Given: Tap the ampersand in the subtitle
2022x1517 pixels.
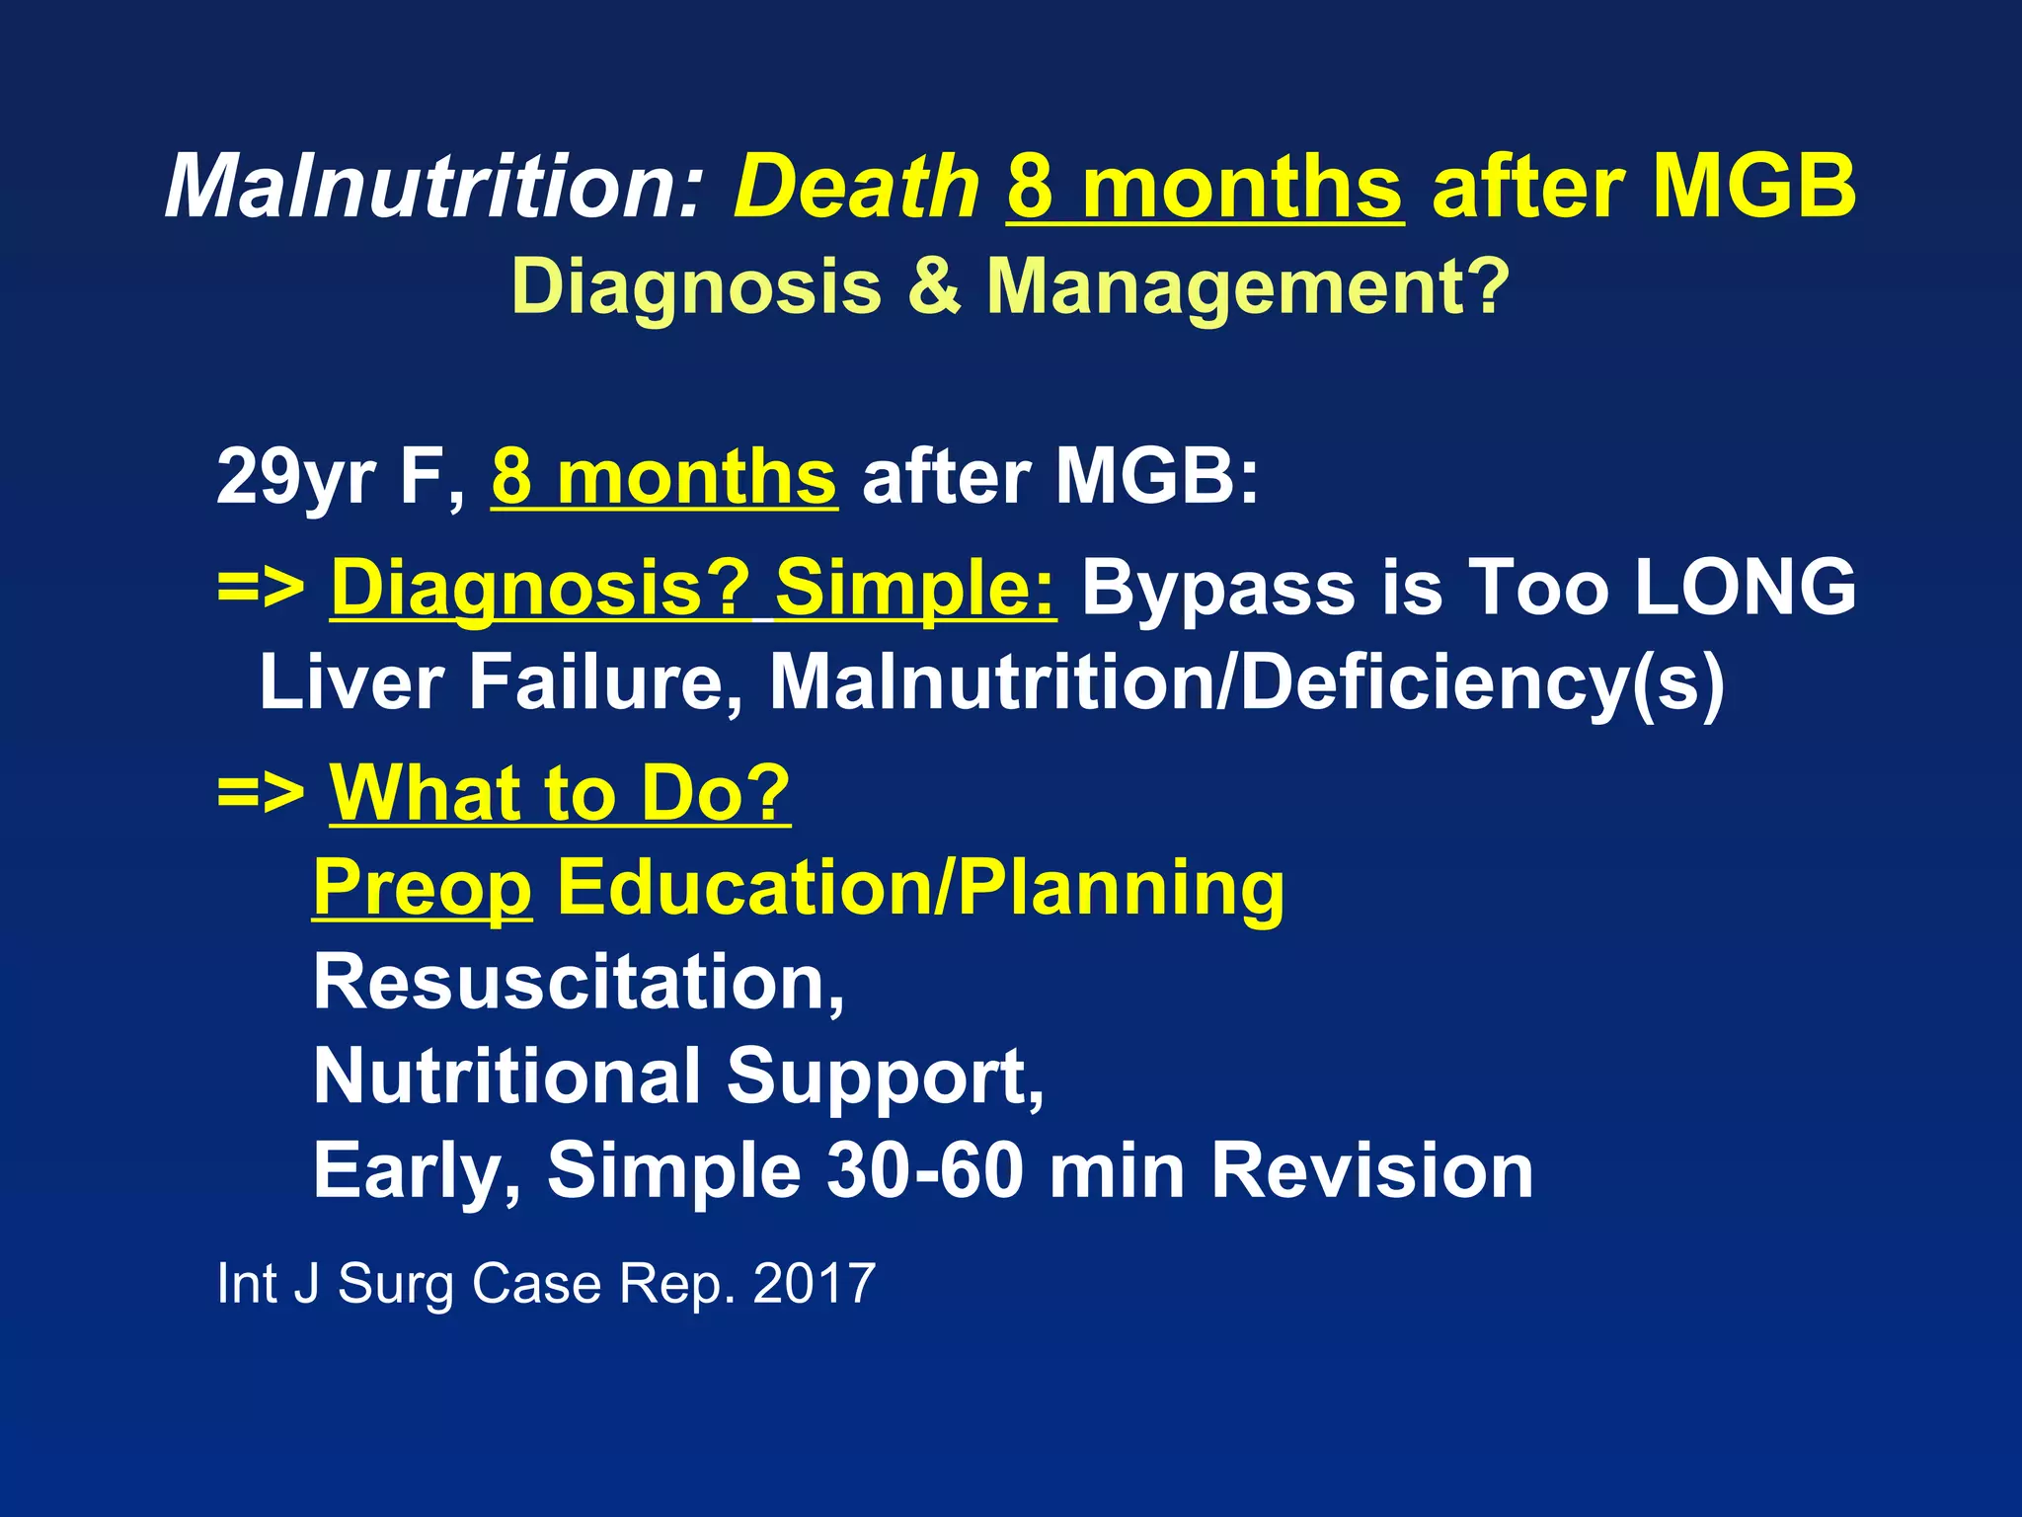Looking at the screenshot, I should click(933, 286).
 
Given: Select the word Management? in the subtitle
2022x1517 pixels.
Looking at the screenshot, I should click(1248, 286).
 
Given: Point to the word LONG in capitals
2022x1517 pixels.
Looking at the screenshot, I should click(1745, 588).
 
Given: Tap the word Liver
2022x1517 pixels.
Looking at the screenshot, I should click(350, 681).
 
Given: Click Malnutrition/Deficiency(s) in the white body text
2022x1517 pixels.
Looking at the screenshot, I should click(1246, 683).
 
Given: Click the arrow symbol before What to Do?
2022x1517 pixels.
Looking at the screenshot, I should click(261, 792).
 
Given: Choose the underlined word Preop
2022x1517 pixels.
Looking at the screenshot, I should click(423, 889).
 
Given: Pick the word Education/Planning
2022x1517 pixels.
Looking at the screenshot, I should click(920, 889).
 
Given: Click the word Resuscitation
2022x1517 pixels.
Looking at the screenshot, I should click(578, 983).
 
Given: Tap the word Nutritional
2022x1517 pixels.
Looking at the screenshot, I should click(506, 1077).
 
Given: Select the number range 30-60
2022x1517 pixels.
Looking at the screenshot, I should click(924, 1171).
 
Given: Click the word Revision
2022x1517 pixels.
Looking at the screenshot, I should click(1371, 1171).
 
